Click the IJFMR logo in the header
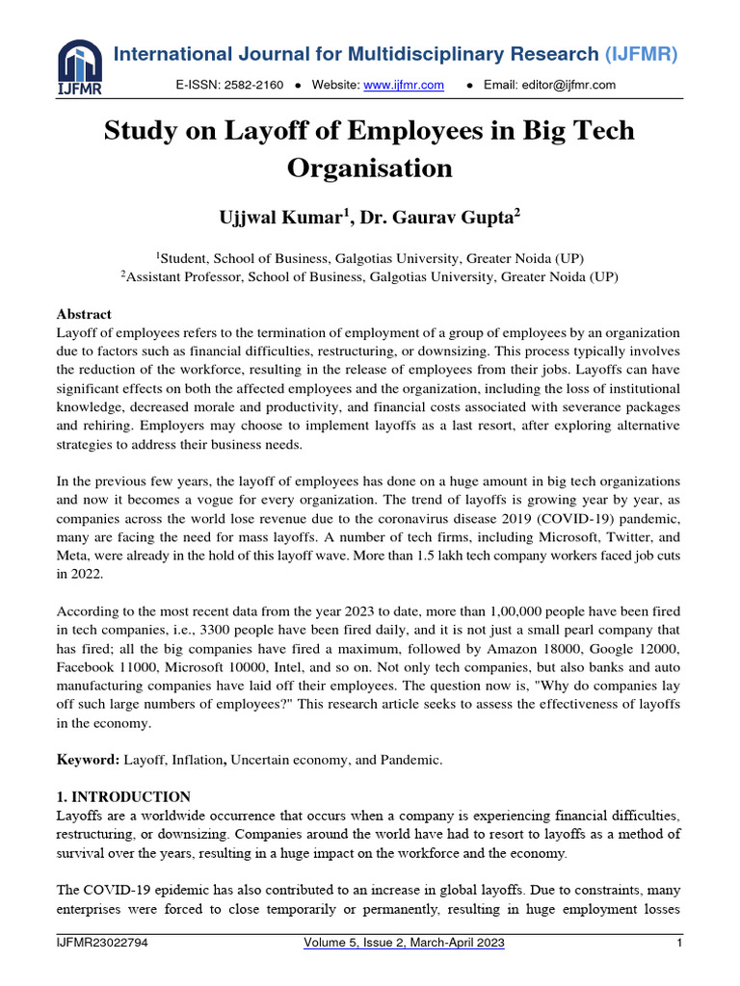(80, 66)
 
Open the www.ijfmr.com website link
(404, 86)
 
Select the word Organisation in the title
(370, 168)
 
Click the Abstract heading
(85, 315)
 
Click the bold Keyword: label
(88, 760)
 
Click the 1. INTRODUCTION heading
(124, 796)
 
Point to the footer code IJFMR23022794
(102, 944)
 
